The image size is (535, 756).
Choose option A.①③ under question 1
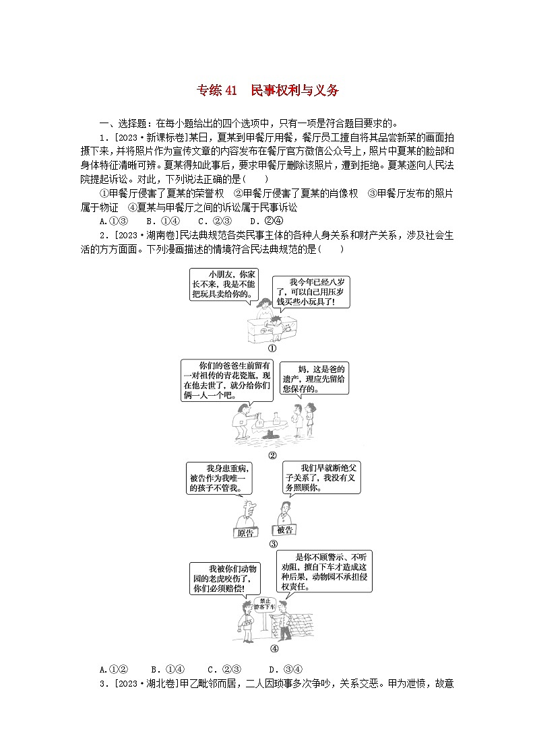pos(110,221)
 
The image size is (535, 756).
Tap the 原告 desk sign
pos(246,533)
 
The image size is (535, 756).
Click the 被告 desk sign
pos(285,530)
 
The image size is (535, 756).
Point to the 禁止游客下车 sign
pos(268,603)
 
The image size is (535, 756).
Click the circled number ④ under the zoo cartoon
pos(273,649)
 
